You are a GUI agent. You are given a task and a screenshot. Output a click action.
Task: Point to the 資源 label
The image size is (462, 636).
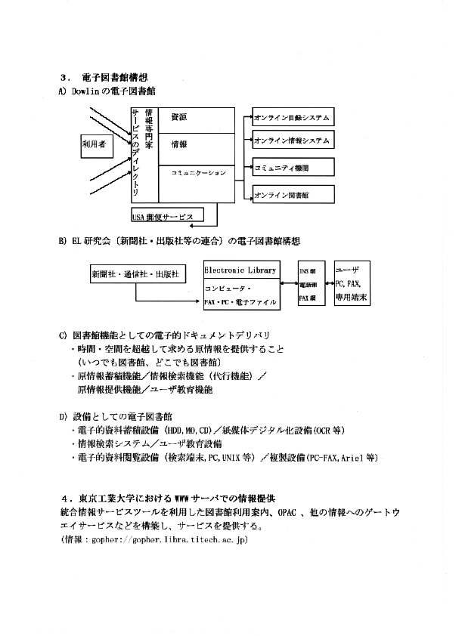(179, 118)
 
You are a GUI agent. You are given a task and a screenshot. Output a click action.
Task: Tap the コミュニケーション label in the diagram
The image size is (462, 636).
(198, 173)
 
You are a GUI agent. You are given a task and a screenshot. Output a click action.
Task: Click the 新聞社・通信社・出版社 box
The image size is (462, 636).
(135, 274)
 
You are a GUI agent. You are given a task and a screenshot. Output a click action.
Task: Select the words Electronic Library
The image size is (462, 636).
(241, 270)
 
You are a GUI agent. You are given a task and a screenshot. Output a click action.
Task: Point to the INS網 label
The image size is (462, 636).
(308, 270)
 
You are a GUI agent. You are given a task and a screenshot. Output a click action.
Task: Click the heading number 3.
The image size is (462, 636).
(64, 77)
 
